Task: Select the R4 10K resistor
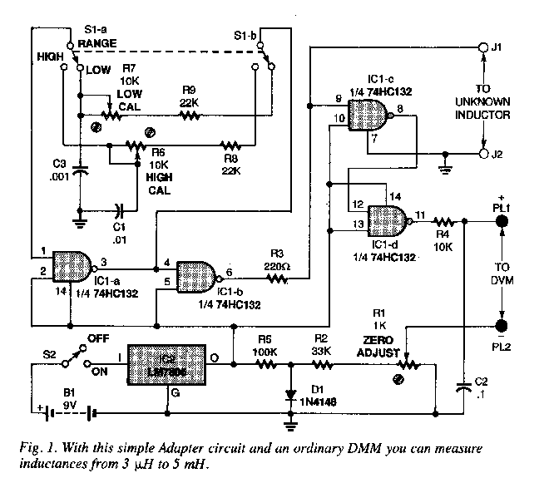[443, 221]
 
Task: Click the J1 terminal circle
[485, 49]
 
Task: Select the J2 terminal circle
[485, 155]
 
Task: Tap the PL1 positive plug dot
[502, 221]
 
